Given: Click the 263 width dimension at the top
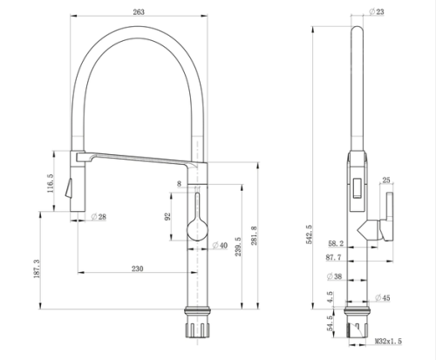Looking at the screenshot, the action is click(x=139, y=12).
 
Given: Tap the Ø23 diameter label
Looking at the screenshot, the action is click(x=377, y=11).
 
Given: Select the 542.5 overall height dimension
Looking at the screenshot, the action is click(x=309, y=234).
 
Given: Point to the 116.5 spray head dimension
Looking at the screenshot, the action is click(x=51, y=183).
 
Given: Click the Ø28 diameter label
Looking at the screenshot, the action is click(x=99, y=217).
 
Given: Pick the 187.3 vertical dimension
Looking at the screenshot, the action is click(x=37, y=268).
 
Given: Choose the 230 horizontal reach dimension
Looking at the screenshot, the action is click(x=138, y=268).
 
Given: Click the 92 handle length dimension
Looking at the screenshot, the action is click(x=167, y=216).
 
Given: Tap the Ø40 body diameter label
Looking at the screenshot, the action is click(x=220, y=246).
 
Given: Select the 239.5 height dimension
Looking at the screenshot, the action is click(x=238, y=247).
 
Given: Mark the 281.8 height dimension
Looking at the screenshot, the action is click(x=254, y=235).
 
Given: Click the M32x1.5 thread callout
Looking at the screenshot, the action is click(x=388, y=341).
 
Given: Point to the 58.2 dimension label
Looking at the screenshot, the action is click(x=336, y=243).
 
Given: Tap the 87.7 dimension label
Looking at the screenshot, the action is click(x=334, y=257).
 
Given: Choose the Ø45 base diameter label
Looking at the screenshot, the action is click(x=383, y=298).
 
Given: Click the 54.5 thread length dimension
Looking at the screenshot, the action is click(x=330, y=323).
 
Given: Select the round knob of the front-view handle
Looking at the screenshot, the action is click(x=197, y=230).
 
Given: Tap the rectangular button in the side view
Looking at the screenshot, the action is click(x=358, y=188).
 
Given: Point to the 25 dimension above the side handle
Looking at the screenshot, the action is click(x=386, y=180).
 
